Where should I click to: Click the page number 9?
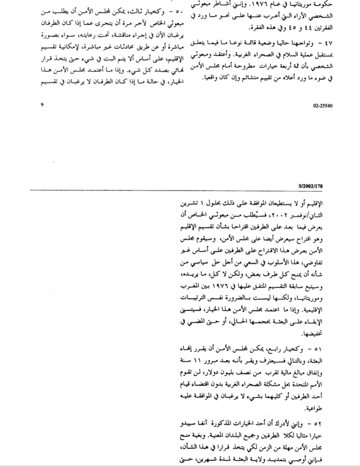point(42,104)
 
